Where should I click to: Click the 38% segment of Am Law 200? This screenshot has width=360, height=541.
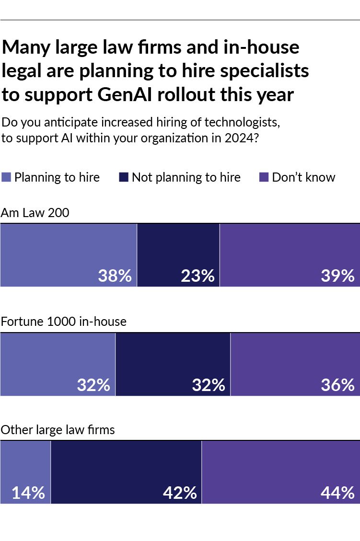pos(69,255)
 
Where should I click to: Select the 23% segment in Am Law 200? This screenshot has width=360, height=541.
pos(178,255)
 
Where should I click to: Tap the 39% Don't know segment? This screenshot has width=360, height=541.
pos(290,255)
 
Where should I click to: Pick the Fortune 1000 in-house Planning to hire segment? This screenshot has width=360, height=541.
pos(58,364)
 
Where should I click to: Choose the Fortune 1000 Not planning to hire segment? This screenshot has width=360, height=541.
pos(173,364)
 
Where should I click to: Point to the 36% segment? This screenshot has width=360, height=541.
pos(295,364)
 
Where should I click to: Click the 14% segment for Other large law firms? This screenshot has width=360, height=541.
pos(25,472)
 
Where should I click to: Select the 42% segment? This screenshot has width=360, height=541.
pos(126,472)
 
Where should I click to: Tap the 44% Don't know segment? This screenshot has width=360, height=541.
pos(280,472)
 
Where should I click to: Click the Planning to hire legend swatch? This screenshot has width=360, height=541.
pos(6,177)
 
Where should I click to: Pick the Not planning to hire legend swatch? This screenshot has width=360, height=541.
pos(123,177)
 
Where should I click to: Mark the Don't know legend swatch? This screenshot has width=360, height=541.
pos(264,177)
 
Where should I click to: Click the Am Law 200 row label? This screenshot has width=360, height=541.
pos(35,213)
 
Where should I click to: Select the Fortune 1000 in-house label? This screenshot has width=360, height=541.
pos(63,321)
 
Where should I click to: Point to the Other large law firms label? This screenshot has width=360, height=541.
pos(58,430)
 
